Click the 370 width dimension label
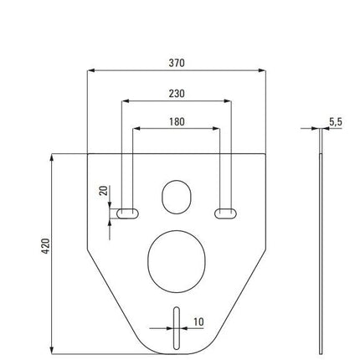177,63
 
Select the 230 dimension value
177,94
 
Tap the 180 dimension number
177,121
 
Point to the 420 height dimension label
46,246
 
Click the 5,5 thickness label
336,122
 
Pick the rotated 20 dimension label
104,191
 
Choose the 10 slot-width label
198,321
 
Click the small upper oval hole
177,197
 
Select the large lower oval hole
177,261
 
